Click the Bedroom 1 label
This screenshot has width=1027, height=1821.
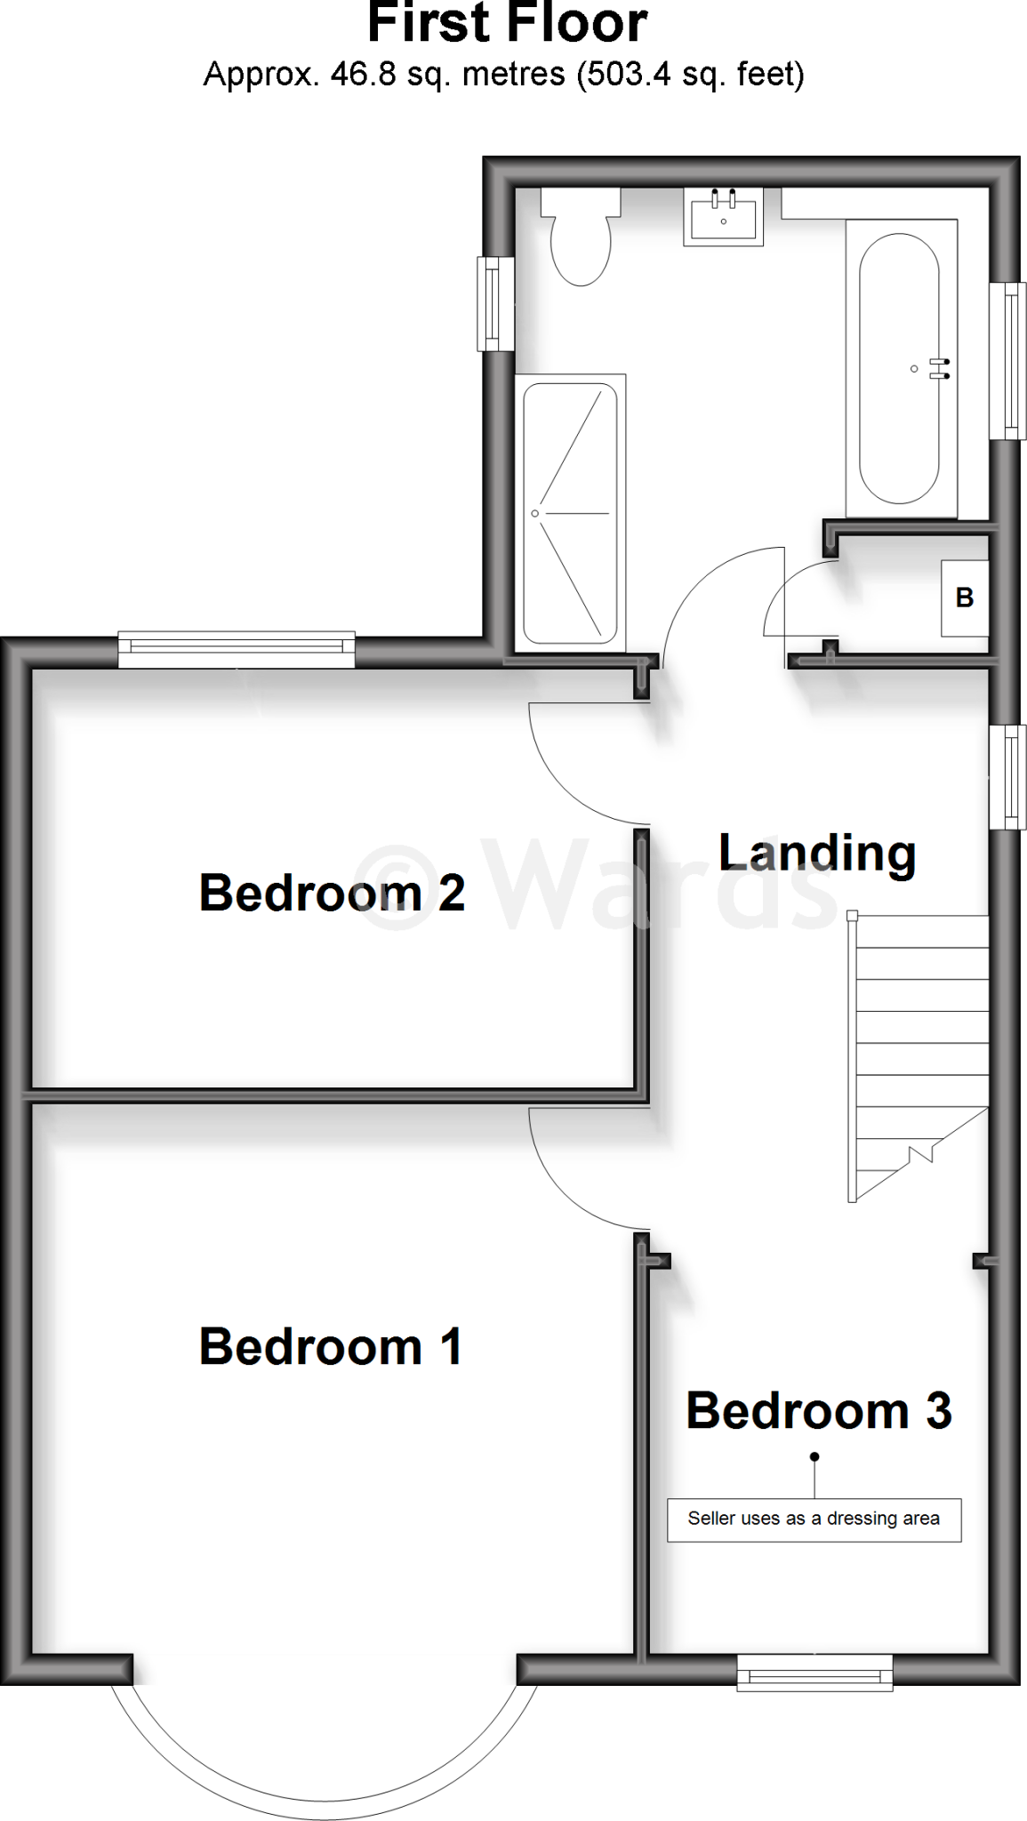[x=331, y=1347]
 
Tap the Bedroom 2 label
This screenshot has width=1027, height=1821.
[x=332, y=893]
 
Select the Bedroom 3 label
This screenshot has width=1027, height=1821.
[x=818, y=1411]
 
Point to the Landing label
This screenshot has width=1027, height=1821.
[x=816, y=853]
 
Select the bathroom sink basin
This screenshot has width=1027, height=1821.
[x=723, y=218]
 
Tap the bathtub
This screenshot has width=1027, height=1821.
[x=899, y=368]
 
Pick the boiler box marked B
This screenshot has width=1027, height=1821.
[x=965, y=598]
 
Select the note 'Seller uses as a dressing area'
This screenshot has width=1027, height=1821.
[x=814, y=1519]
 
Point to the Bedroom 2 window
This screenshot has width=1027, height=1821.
[x=237, y=650]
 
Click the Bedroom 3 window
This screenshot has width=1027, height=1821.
[x=814, y=1671]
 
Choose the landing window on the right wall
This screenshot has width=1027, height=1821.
[x=1009, y=777]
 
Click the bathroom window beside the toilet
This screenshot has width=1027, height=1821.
[x=494, y=303]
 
